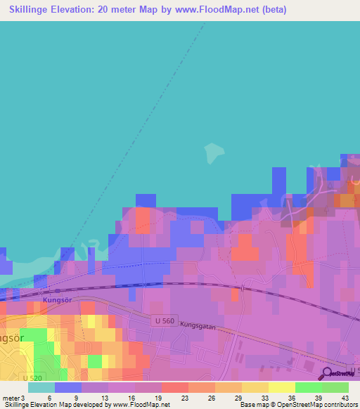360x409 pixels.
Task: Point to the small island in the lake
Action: (214, 151)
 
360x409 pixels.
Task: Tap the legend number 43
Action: (345, 398)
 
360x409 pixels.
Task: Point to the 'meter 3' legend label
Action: (13, 398)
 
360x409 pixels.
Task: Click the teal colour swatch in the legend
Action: (41, 387)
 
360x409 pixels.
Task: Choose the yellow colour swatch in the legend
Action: (281, 387)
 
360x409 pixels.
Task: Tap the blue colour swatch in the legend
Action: (68, 387)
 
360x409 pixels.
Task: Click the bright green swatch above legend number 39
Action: (308, 387)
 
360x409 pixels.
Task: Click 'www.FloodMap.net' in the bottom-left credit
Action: (141, 405)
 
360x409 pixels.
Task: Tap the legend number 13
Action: (104, 398)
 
